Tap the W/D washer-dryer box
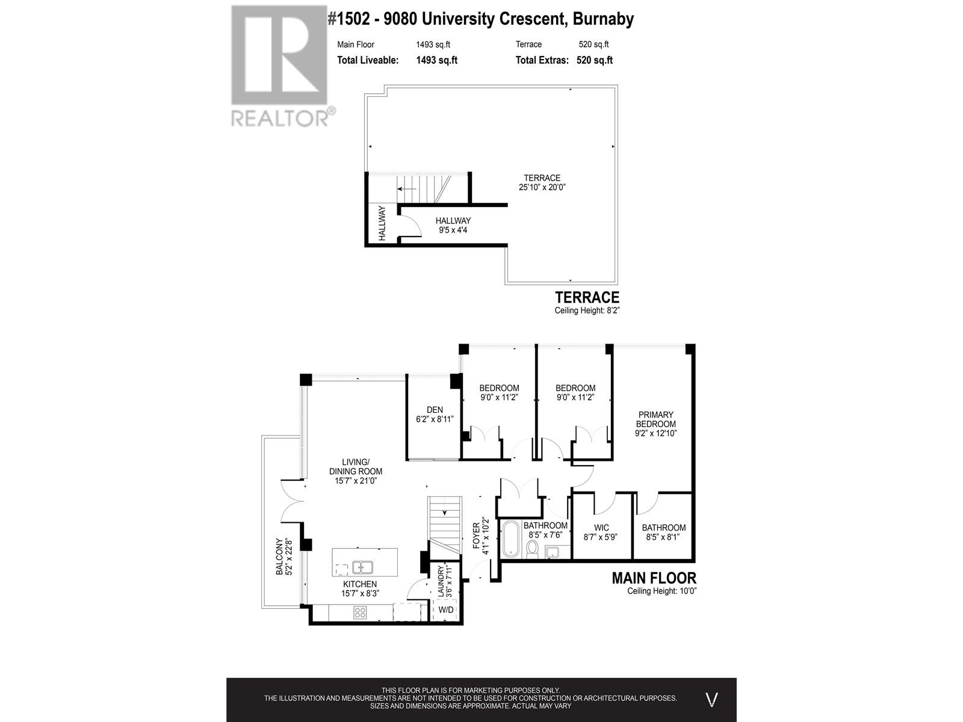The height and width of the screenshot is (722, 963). pos(446,609)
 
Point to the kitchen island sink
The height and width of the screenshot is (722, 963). pos(362,567)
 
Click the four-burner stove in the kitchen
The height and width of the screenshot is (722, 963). pos(360,612)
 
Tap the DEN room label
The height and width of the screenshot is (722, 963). pos(435,410)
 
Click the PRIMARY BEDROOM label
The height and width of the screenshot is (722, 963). pos(656,419)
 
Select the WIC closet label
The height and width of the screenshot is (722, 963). pos(601,528)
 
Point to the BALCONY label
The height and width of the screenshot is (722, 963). pos(279,557)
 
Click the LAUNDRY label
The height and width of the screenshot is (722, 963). pos(441,581)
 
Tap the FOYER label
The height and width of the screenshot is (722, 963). pos(475,535)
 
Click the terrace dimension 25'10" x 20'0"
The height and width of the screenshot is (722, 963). pos(542,187)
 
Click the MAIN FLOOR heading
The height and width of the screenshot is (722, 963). pos(654,578)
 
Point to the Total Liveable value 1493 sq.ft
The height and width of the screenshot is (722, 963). pos(436,60)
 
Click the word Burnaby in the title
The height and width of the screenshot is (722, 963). pos(603,19)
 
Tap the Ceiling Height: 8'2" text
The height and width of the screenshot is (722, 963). pos(587,310)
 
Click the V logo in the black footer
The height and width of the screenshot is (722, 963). pos(711,700)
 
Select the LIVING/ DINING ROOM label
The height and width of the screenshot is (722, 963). pos(356,471)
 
